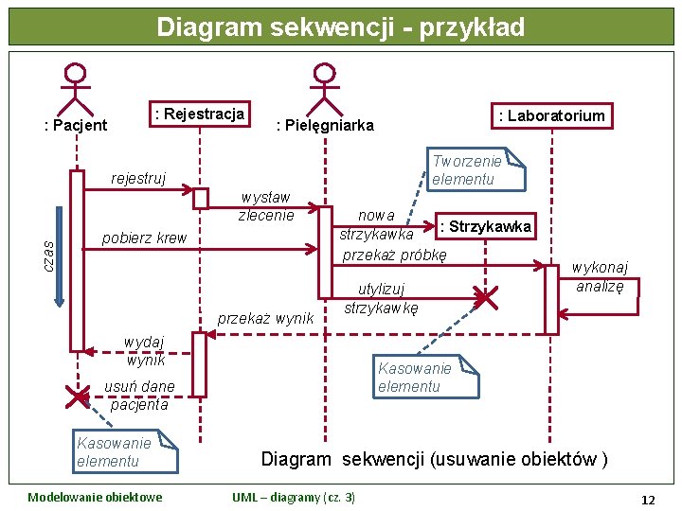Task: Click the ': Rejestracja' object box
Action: tap(199, 115)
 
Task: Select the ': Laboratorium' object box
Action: tap(551, 115)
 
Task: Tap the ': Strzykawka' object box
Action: tap(485, 226)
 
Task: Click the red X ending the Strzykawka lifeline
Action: tap(485, 299)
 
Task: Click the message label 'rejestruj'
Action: tap(138, 178)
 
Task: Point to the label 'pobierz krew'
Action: tap(144, 238)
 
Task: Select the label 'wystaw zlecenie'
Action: tap(265, 206)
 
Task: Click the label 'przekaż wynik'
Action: tap(265, 318)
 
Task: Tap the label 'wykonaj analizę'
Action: tap(600, 277)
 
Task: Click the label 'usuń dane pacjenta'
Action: tap(139, 395)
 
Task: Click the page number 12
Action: tap(648, 499)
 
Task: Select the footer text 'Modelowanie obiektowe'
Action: tap(95, 498)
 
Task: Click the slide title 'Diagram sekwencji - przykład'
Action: tap(341, 26)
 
